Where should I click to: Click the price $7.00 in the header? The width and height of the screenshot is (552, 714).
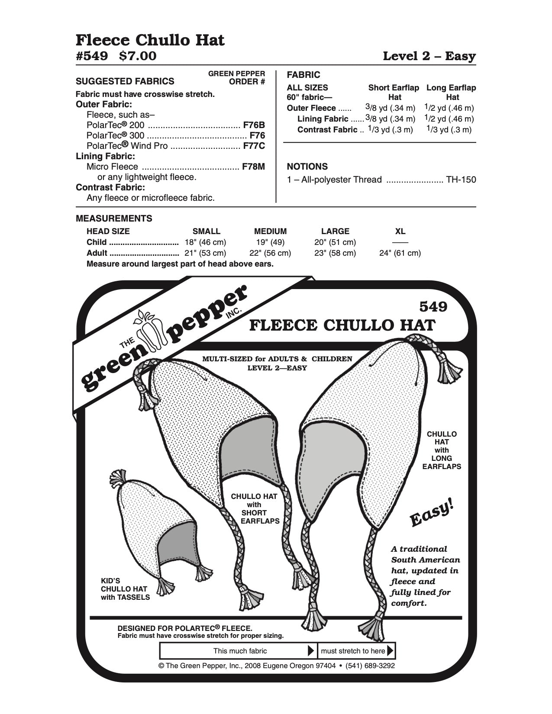coord(138,56)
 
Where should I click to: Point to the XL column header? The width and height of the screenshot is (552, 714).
coord(400,231)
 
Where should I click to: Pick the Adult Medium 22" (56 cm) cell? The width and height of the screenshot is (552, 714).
coord(270,253)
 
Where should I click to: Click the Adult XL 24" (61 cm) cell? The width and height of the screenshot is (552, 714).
coord(400,253)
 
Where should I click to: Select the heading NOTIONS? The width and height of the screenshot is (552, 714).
coord(307,167)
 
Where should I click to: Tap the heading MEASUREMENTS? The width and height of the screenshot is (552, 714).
coord(114,218)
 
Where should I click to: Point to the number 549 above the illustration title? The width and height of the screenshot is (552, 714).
coord(433,306)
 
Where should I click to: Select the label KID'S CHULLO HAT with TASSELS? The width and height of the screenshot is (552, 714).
coord(125,589)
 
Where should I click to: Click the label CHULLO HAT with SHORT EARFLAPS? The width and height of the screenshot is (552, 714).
coord(254,508)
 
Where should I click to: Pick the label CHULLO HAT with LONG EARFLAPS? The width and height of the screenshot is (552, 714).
coord(442,450)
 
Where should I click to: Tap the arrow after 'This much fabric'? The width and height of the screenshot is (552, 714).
coord(310,651)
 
